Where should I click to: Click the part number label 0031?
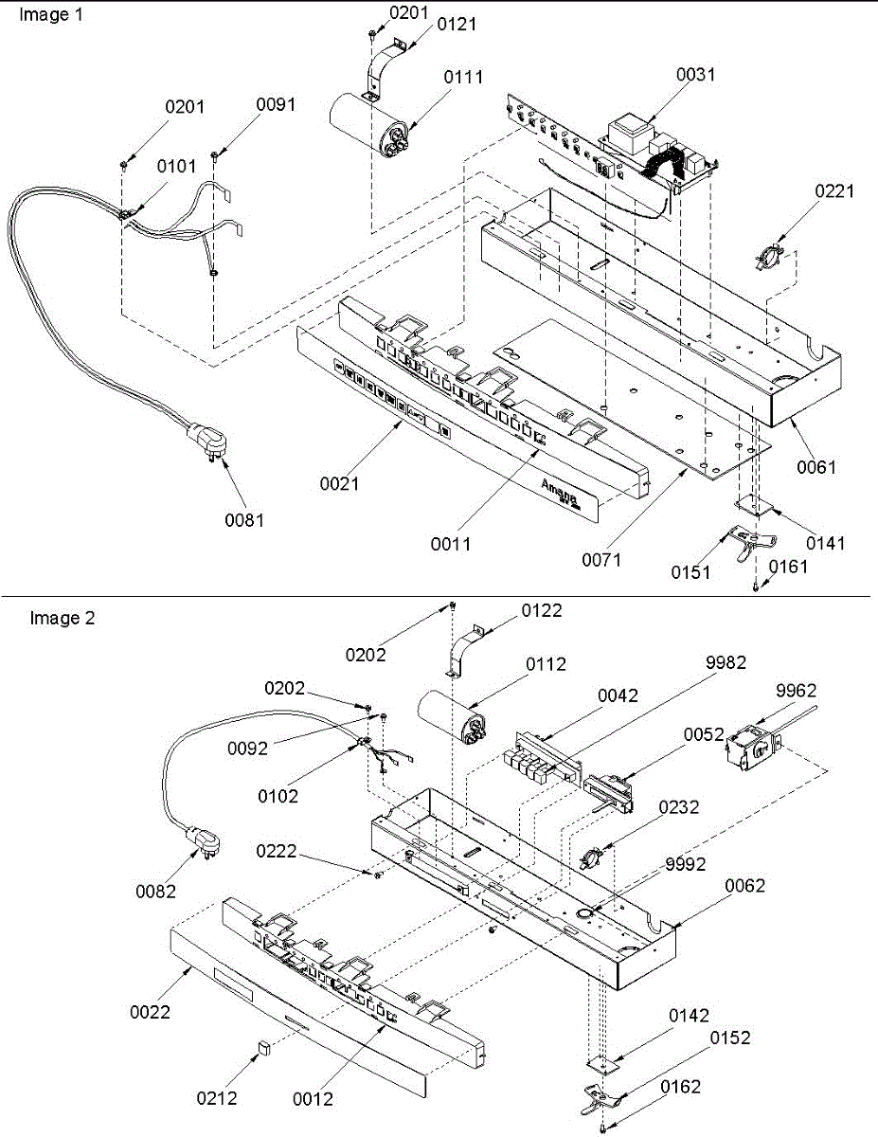(x=695, y=74)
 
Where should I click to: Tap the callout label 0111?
(x=463, y=78)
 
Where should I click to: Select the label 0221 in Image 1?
(x=834, y=191)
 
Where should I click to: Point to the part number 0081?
(x=244, y=520)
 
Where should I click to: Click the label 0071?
(x=601, y=560)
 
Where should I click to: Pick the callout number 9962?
(x=796, y=691)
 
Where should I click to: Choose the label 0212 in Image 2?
(x=217, y=1098)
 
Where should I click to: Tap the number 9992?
(x=686, y=864)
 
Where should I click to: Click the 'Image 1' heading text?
(x=51, y=14)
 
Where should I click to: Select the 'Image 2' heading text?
(x=63, y=618)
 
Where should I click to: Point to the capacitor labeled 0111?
(x=370, y=126)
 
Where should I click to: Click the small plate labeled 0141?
(x=754, y=505)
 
